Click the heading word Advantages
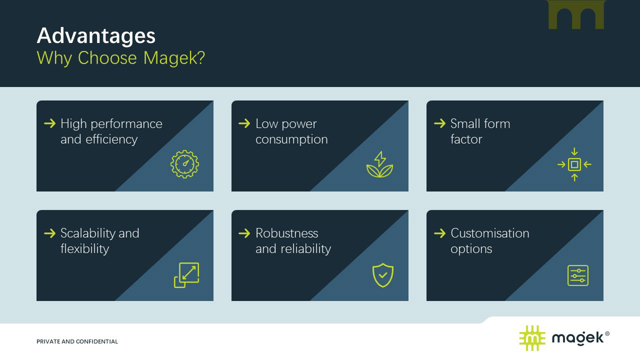(x=96, y=36)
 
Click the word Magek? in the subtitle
(x=174, y=58)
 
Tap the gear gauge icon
(x=184, y=164)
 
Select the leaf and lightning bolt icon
(x=379, y=164)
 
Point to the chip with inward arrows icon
(x=574, y=164)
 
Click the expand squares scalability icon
(x=186, y=275)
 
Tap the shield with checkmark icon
(x=383, y=275)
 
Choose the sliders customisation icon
(x=578, y=275)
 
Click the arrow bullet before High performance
(x=49, y=123)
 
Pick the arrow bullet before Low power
(x=244, y=123)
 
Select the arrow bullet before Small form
(x=439, y=123)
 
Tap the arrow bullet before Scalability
(x=49, y=233)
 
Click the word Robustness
(x=286, y=233)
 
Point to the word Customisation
(x=489, y=233)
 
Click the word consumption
(x=291, y=139)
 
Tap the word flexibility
(x=84, y=248)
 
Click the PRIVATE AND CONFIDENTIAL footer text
(x=77, y=341)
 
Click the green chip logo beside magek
(x=532, y=338)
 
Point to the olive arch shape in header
(x=576, y=14)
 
